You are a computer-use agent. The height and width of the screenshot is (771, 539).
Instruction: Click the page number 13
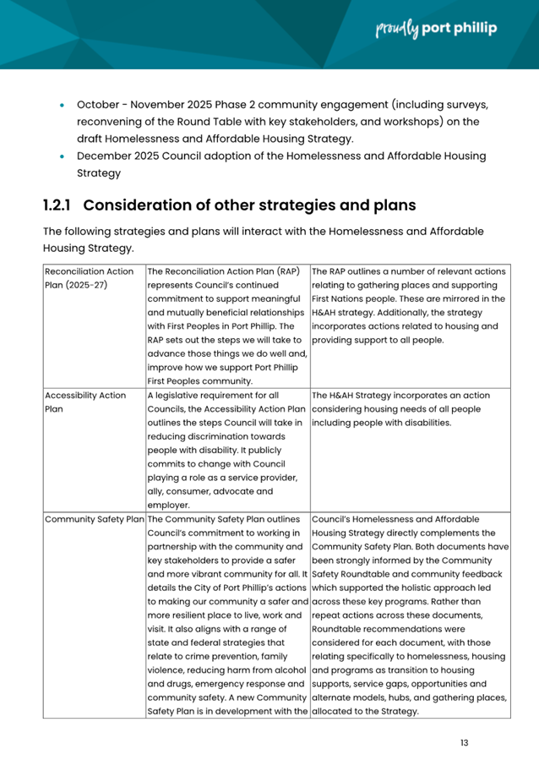[x=465, y=742]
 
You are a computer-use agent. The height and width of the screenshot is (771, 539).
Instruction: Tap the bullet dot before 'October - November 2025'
[x=63, y=106]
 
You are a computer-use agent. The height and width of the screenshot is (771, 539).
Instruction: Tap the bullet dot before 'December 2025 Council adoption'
[x=63, y=156]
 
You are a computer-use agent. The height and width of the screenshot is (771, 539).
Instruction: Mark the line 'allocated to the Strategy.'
[x=365, y=711]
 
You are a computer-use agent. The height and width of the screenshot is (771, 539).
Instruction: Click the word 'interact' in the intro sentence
[x=242, y=232]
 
